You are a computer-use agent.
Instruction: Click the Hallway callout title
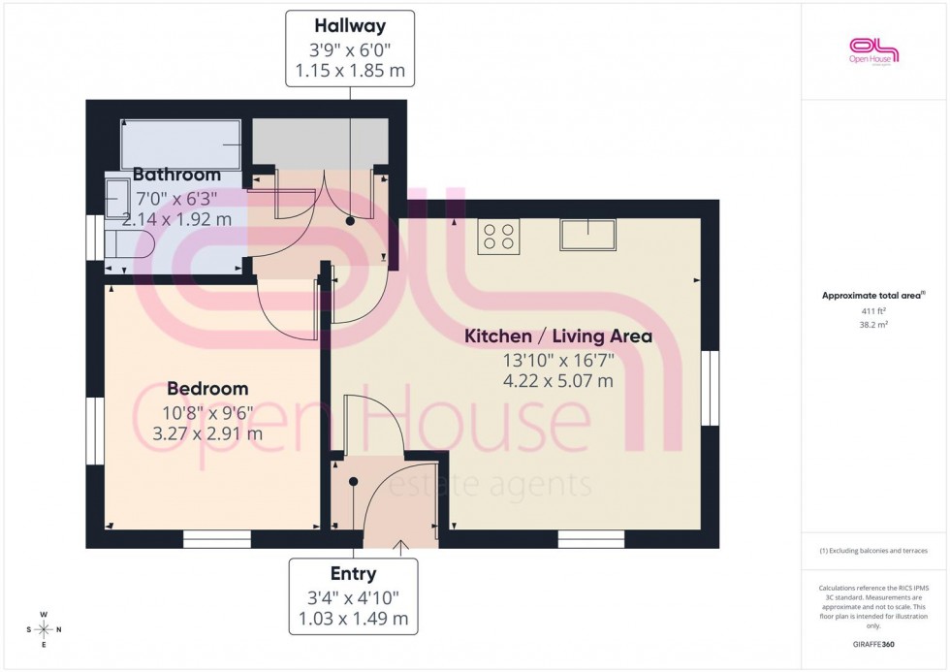(x=350, y=25)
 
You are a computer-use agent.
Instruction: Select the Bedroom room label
(x=207, y=389)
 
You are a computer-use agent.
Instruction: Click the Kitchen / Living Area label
(x=558, y=336)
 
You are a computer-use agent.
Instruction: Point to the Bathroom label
(x=176, y=176)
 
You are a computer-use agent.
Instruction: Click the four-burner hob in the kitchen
(x=498, y=236)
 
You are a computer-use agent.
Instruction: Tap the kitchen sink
(x=587, y=235)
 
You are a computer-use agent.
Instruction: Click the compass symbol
(x=44, y=629)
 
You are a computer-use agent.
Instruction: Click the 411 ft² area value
(x=874, y=311)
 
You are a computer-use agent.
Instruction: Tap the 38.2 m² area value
(x=874, y=326)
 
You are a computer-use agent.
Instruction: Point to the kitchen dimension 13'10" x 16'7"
(x=558, y=360)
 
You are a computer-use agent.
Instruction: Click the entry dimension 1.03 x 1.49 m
(x=353, y=618)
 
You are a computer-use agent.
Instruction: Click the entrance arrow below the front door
(x=401, y=548)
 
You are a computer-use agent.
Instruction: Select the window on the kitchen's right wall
(x=712, y=388)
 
